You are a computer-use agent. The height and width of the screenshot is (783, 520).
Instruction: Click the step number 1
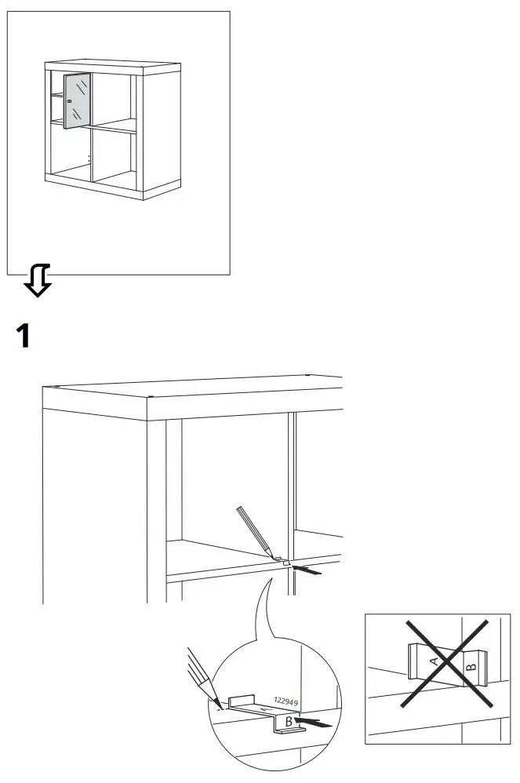point(24,336)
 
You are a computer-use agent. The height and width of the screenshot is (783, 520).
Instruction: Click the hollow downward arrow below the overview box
point(38,281)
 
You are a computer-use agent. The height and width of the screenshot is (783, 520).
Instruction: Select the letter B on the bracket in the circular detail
point(289,719)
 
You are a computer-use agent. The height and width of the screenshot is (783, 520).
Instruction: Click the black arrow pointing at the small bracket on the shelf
point(307,570)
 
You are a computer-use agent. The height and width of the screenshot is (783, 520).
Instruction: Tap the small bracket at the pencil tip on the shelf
point(283,563)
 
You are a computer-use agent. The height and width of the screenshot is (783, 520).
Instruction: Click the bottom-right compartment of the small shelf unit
point(111,157)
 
